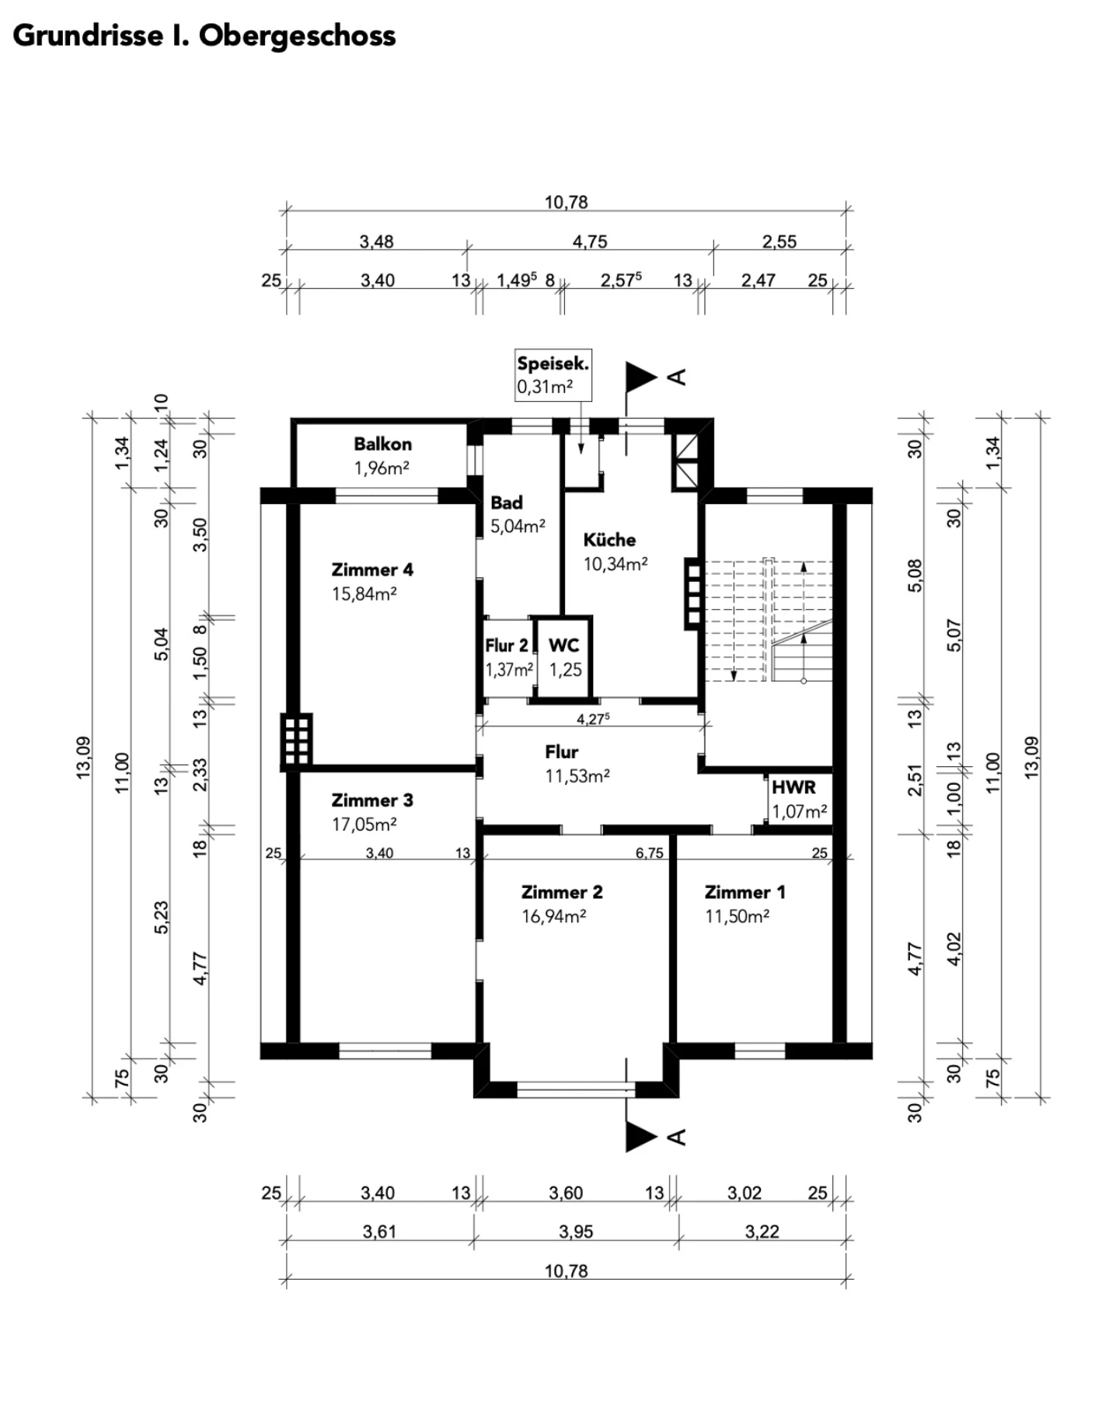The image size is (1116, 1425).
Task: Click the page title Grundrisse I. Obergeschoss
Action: click(x=204, y=37)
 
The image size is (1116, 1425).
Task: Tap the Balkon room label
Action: click(x=382, y=444)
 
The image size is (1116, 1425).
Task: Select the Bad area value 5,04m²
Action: click(x=518, y=526)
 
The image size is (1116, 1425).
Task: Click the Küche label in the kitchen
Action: click(x=609, y=539)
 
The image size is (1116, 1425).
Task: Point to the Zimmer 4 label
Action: click(x=372, y=570)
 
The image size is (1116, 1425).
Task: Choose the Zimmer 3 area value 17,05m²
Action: click(x=364, y=824)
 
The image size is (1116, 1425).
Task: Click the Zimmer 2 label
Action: click(x=562, y=892)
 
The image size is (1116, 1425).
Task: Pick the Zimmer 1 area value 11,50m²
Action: click(x=737, y=916)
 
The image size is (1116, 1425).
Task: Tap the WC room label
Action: click(x=563, y=645)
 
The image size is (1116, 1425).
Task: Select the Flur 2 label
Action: click(x=507, y=646)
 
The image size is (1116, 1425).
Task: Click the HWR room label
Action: click(x=793, y=787)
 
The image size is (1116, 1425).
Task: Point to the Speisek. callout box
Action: click(x=553, y=375)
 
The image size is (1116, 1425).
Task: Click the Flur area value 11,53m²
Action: click(x=577, y=775)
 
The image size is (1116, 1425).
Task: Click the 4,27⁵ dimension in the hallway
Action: click(x=592, y=719)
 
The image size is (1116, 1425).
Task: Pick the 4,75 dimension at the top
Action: click(x=590, y=242)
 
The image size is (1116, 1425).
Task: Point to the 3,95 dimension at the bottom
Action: click(x=576, y=1232)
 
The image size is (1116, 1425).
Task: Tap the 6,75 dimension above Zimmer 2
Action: click(x=650, y=853)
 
